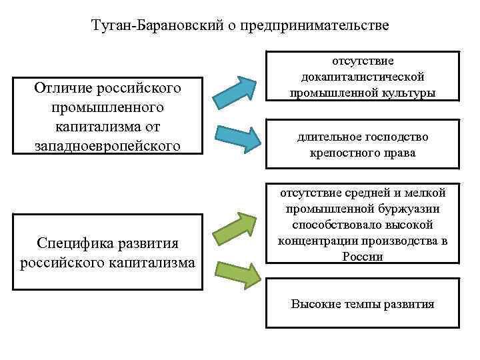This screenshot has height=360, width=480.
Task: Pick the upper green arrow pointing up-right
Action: tap(236, 227)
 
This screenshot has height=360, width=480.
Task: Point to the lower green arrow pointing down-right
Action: tap(236, 273)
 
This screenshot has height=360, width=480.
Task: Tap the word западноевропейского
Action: tap(107, 145)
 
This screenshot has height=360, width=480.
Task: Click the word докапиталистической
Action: tap(363, 77)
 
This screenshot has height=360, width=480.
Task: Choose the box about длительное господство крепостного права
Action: tap(363, 145)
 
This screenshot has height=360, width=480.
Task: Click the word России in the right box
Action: tap(363, 257)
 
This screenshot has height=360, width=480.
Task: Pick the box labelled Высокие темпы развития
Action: tap(363, 304)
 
